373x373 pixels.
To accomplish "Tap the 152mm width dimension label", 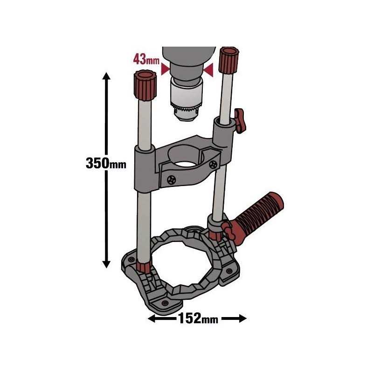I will [197, 319].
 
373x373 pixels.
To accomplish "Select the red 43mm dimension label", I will [146, 60].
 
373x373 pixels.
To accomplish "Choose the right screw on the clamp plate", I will [214, 164].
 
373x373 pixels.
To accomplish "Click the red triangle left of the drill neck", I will [164, 69].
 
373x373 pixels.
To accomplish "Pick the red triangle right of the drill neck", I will [209, 70].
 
